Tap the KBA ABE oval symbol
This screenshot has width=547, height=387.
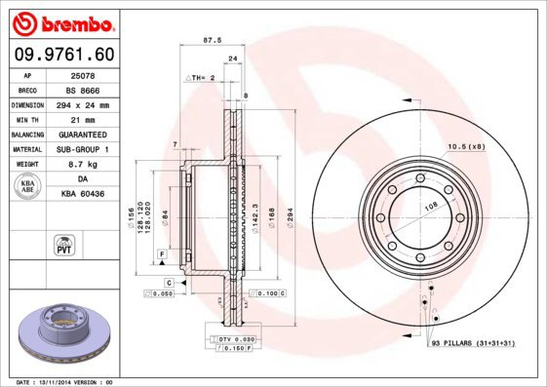(x=28, y=186)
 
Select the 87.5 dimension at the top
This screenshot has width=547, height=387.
(x=210, y=40)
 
